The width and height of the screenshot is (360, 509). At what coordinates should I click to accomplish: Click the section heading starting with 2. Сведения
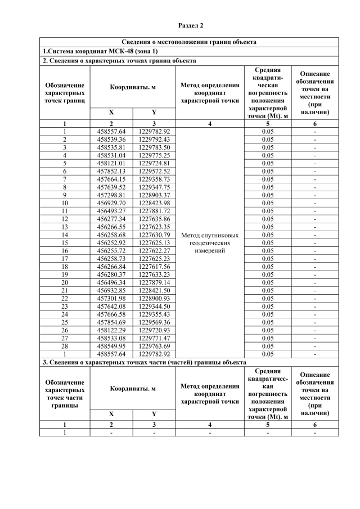point(119,60)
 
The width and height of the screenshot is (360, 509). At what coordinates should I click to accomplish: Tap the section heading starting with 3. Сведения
point(144,362)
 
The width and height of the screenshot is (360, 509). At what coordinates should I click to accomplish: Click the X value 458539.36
point(111,139)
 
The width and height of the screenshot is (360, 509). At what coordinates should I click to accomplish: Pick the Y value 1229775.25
point(154,155)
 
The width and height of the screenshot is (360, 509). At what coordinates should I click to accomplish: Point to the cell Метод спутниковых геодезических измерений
point(210,242)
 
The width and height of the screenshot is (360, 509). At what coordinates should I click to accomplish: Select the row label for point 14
point(65,235)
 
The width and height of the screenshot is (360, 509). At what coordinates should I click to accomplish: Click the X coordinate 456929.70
point(111,202)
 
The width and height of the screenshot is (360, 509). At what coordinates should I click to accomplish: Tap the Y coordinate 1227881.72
point(154,210)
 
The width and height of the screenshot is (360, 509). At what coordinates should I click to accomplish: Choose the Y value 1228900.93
point(154,298)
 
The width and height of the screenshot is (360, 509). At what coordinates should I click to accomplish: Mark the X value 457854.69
point(111,322)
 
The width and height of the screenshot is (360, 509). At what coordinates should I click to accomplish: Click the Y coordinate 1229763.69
point(154,346)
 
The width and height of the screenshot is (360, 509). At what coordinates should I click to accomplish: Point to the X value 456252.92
point(111,242)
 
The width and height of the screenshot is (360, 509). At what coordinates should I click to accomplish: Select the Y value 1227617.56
point(154,266)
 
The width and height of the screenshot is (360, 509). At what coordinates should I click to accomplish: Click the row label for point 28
point(65,346)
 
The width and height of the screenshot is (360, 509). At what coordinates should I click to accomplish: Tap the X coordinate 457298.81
point(111,195)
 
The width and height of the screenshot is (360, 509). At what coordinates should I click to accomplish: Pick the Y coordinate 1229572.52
point(154,170)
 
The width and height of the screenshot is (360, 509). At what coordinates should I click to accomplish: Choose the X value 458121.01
point(111,163)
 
